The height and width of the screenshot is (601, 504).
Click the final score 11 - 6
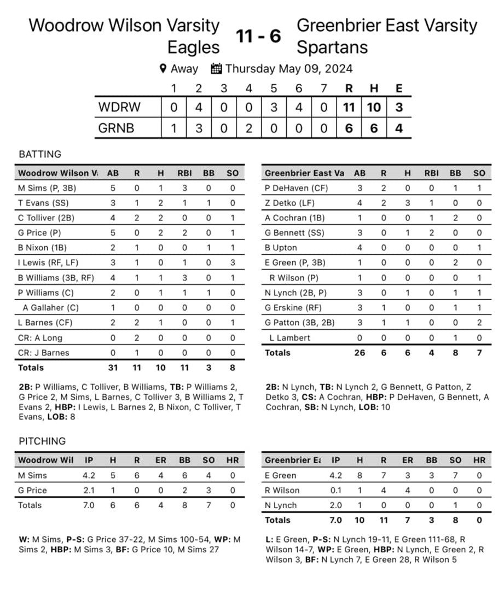[x=258, y=36]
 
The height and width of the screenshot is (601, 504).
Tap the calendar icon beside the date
[x=216, y=68]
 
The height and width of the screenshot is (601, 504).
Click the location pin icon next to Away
[x=163, y=68]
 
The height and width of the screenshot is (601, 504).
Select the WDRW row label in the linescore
[x=119, y=107]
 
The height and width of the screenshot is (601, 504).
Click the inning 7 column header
[x=323, y=89]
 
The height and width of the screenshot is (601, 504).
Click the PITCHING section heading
[x=42, y=441]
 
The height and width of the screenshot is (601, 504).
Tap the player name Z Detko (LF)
[x=289, y=203]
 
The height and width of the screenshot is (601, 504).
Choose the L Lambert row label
[x=289, y=337]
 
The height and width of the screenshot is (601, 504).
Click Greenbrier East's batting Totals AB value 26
[x=359, y=353]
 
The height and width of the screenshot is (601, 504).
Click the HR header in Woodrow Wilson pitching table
[x=233, y=460]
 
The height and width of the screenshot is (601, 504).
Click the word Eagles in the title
[x=193, y=48]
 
